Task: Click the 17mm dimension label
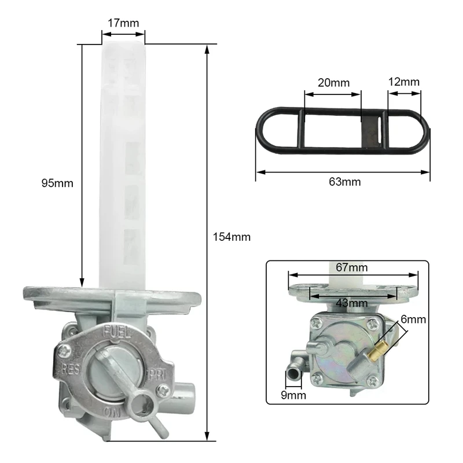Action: pos(123,23)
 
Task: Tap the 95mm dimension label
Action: pos(57,183)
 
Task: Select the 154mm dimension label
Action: pos(232,237)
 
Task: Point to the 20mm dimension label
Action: pos(334,83)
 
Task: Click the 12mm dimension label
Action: pos(403,82)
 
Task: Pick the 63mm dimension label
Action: pos(345,182)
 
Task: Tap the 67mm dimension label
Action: pos(352,267)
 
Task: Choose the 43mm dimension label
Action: pos(352,303)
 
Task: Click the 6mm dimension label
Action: pos(413,319)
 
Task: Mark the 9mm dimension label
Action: pos(293,395)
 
